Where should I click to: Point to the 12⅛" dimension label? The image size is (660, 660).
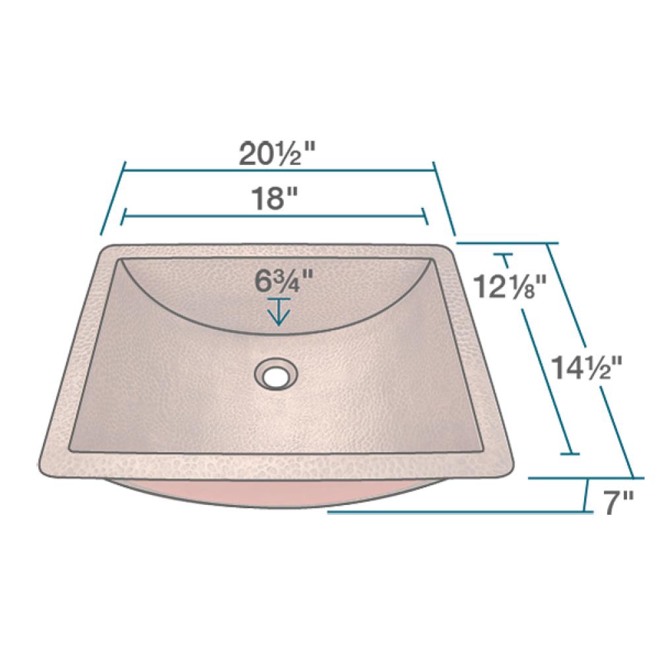tap(502, 288)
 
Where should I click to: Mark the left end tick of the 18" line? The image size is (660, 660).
tap(124, 216)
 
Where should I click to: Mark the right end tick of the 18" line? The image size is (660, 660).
tap(424, 216)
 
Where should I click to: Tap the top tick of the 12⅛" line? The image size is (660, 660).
tap(505, 254)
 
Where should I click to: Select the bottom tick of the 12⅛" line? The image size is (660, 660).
tap(568, 453)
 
